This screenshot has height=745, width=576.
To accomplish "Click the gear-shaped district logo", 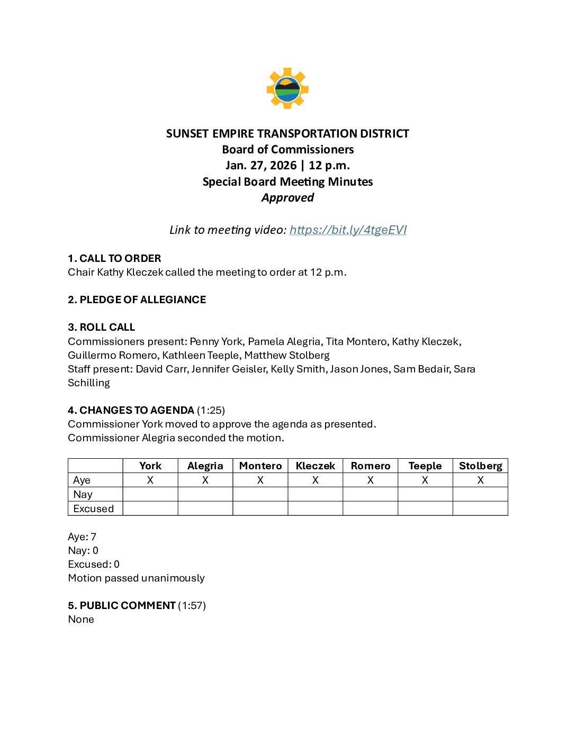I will click(287, 88).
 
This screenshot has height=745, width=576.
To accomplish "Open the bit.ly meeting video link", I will click(348, 230).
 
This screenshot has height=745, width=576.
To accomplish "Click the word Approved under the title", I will click(287, 197).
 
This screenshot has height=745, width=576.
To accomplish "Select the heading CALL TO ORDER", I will click(120, 258).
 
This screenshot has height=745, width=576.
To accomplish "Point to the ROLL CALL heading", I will click(107, 327).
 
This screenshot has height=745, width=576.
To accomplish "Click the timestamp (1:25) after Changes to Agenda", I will click(211, 410).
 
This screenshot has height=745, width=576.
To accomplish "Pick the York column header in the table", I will click(150, 466).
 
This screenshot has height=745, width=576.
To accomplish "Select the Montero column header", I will click(260, 466).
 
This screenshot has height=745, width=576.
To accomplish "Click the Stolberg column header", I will click(480, 466).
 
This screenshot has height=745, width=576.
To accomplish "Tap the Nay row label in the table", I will click(83, 494).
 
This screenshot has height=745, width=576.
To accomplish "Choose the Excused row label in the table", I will click(94, 508).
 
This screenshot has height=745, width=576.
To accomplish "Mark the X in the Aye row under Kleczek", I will click(316, 480).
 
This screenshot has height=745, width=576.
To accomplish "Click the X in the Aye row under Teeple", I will click(425, 480).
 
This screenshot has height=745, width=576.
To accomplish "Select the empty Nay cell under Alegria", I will click(205, 494).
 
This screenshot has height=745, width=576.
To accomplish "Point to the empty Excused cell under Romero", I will click(370, 508).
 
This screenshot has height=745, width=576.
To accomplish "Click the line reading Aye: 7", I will click(82, 537).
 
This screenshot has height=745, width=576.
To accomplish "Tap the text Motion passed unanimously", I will click(136, 578).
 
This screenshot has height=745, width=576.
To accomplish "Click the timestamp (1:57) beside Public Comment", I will click(192, 605).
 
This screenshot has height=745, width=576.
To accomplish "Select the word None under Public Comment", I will click(81, 619).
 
